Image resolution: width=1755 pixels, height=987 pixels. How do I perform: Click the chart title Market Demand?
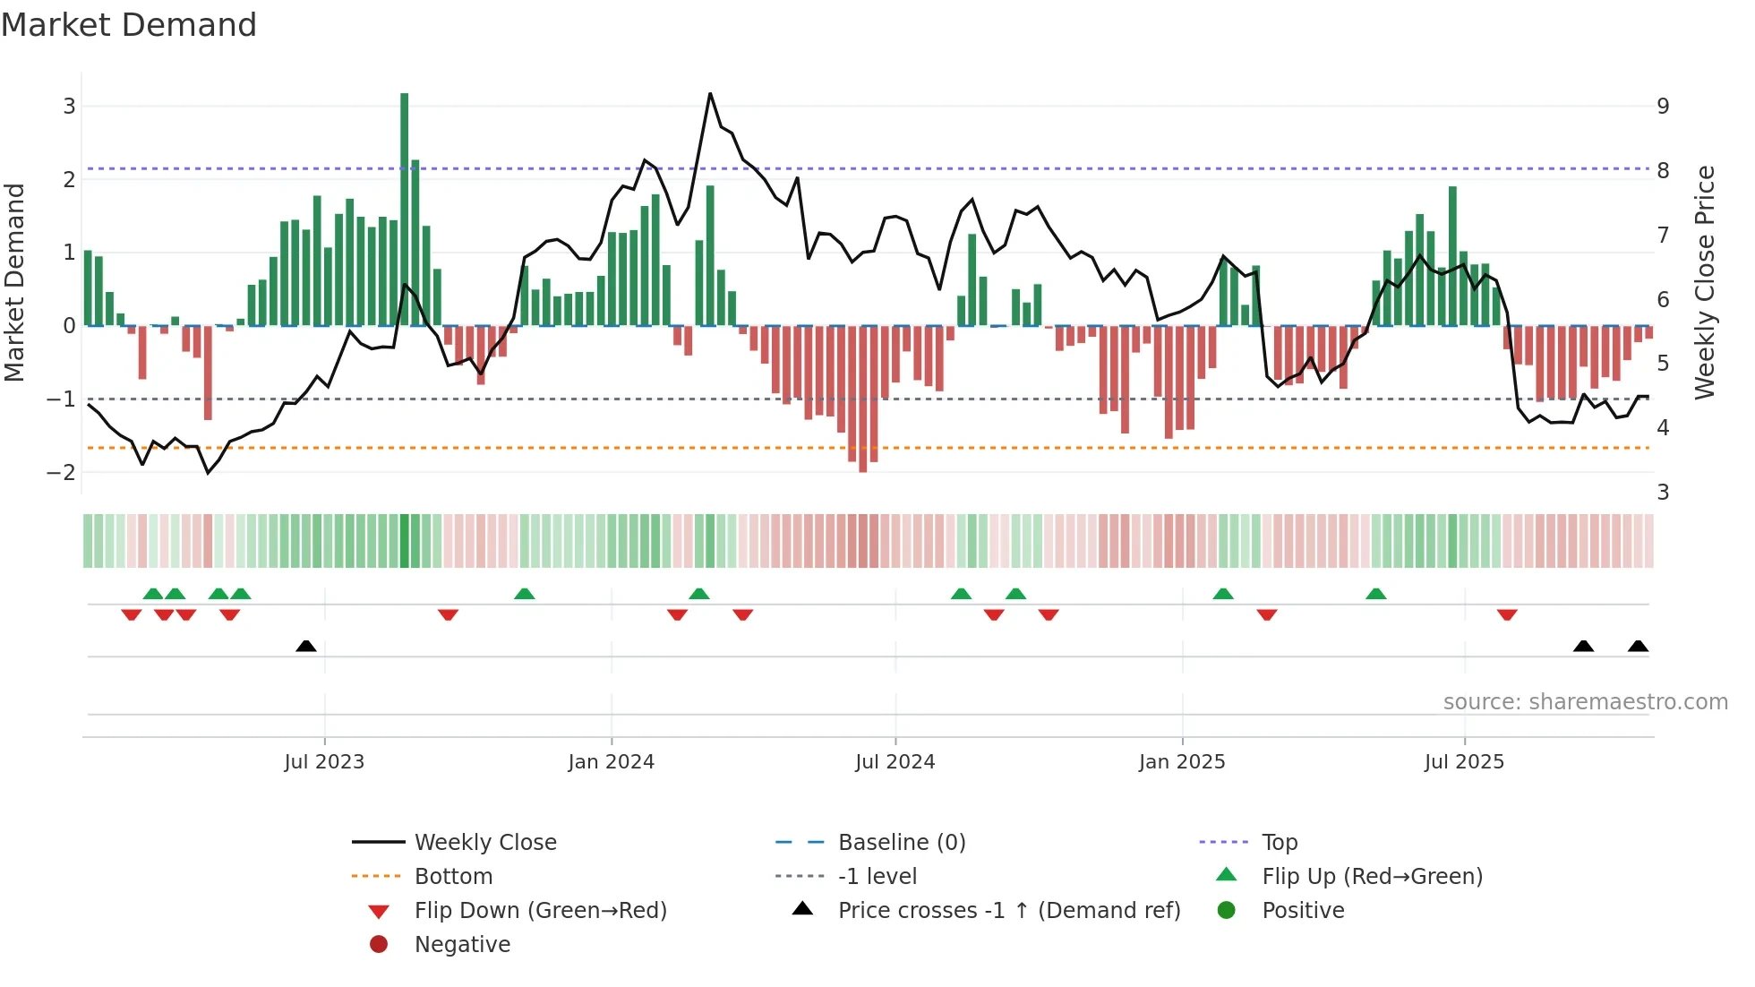pyautogui.click(x=129, y=25)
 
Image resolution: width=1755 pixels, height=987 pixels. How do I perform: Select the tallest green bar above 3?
pyautogui.click(x=405, y=206)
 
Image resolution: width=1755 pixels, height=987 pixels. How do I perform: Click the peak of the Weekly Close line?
pyautogui.click(x=710, y=93)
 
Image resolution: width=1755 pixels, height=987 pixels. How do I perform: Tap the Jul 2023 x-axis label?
pyautogui.click(x=324, y=762)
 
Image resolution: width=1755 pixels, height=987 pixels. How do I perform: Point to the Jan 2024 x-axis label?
pyautogui.click(x=612, y=762)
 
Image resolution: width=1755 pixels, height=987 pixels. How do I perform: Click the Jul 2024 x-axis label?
pyautogui.click(x=895, y=762)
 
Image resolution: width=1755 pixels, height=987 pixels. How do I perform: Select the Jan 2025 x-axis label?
pyautogui.click(x=1182, y=762)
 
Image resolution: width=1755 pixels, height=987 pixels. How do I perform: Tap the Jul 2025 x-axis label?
pyautogui.click(x=1465, y=762)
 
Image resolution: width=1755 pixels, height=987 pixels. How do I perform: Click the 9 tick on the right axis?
pyautogui.click(x=1663, y=107)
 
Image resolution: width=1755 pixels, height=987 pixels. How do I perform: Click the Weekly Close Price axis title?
pyautogui.click(x=1705, y=282)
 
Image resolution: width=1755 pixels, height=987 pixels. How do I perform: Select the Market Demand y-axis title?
pyautogui.click(x=14, y=282)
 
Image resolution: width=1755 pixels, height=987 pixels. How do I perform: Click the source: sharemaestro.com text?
pyautogui.click(x=1585, y=702)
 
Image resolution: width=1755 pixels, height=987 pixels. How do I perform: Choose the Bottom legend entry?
pyautogui.click(x=453, y=876)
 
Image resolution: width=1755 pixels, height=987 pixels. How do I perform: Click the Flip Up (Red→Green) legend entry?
pyautogui.click(x=1372, y=876)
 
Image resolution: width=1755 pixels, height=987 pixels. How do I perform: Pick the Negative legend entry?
pyautogui.click(x=462, y=944)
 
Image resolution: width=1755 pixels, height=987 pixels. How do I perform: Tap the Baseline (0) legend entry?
pyautogui.click(x=902, y=842)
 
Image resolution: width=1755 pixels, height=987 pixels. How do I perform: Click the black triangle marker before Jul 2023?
pyautogui.click(x=306, y=646)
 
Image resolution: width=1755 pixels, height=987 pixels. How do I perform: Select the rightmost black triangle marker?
pyautogui.click(x=1638, y=646)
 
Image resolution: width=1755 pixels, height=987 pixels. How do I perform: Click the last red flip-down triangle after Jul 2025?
pyautogui.click(x=1507, y=614)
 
